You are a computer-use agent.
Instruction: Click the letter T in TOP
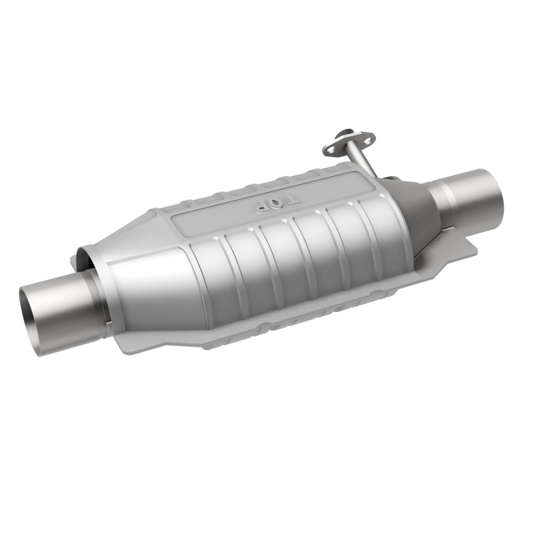[292, 200]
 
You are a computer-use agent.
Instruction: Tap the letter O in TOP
[276, 203]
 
